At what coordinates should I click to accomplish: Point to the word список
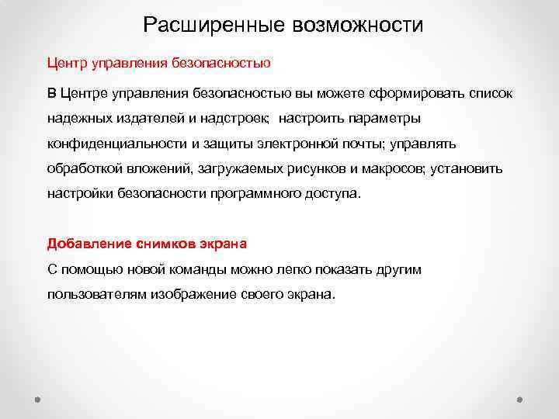click(x=490, y=94)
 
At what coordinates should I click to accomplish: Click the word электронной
click(x=299, y=144)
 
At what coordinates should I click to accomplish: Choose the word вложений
click(x=163, y=169)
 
